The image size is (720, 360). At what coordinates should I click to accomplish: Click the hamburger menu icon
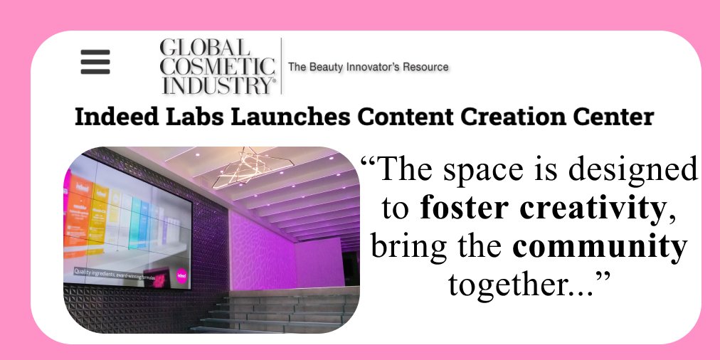95,63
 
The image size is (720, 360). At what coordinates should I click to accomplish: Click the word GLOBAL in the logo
206,49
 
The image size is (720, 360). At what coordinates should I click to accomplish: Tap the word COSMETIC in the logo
218,67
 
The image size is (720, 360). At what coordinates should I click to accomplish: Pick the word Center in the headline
619,117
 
